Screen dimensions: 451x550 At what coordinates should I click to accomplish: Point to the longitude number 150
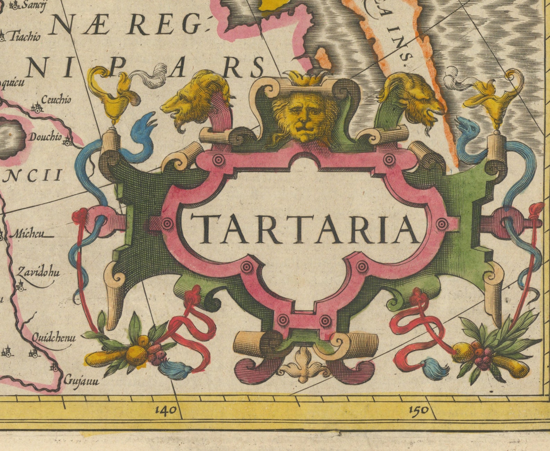(418, 410)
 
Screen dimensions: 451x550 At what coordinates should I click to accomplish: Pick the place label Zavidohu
(38, 272)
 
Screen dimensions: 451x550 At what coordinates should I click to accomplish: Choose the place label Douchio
(45, 137)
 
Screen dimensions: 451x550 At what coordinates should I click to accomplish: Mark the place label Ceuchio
(56, 100)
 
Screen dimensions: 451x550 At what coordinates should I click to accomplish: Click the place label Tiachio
(24, 36)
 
